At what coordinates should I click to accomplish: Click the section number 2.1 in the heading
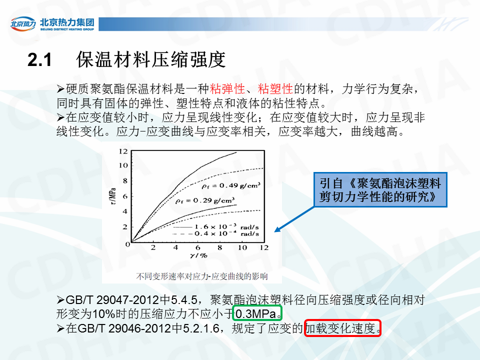click(39, 59)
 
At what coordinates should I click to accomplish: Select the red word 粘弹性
click(227, 89)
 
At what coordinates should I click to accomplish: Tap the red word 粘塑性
click(275, 89)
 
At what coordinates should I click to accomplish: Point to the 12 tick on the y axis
click(123, 151)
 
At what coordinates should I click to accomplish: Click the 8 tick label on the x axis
click(220, 247)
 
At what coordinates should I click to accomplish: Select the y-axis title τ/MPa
click(112, 196)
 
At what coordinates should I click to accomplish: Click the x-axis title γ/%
click(198, 255)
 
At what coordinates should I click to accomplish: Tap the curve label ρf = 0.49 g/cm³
click(231, 185)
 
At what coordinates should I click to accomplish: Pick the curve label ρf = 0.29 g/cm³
click(205, 200)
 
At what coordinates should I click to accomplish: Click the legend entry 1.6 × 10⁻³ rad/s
click(216, 227)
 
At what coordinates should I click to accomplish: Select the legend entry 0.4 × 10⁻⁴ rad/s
click(216, 233)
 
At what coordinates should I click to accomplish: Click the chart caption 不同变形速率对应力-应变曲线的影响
click(202, 276)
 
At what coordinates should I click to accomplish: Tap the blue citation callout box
click(380, 190)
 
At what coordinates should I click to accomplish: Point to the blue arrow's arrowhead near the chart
click(277, 230)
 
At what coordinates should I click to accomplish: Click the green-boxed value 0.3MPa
click(257, 313)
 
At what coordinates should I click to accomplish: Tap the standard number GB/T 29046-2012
click(124, 328)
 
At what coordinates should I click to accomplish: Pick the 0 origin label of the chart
click(127, 244)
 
